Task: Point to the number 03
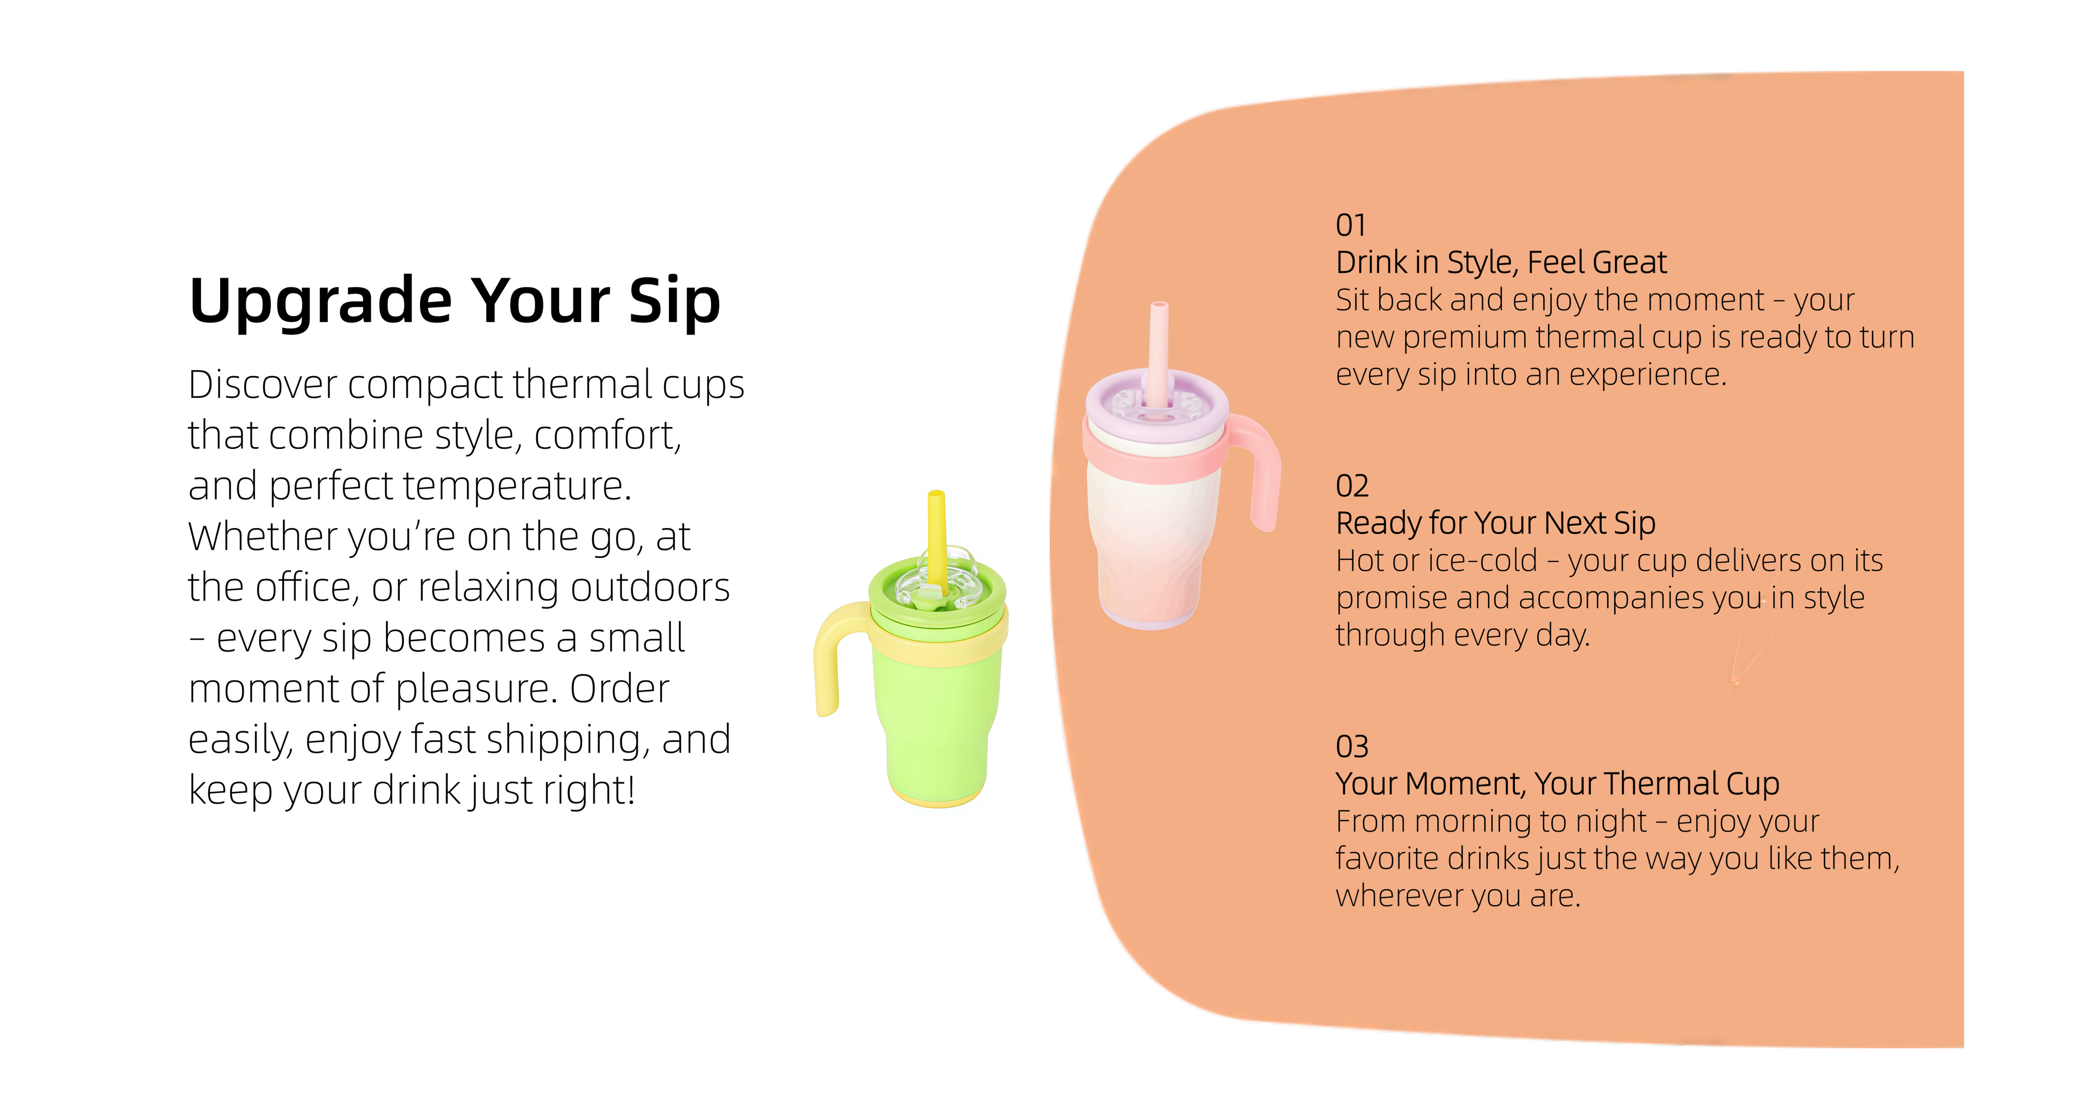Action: click(x=1352, y=747)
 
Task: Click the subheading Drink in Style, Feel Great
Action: click(x=1501, y=263)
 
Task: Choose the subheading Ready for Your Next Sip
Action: click(x=1495, y=524)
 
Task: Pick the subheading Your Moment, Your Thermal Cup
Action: click(x=1557, y=784)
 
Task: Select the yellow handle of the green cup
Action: click(x=830, y=652)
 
